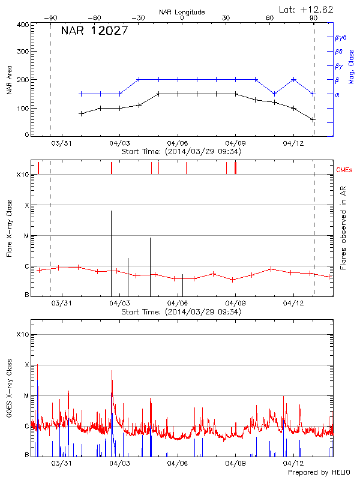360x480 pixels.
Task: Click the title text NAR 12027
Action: point(95,31)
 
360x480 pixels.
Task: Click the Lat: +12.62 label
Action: point(307,9)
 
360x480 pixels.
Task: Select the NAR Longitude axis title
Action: point(182,12)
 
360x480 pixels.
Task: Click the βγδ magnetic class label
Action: point(340,37)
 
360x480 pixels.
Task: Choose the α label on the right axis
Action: point(337,94)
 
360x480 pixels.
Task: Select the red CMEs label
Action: point(345,170)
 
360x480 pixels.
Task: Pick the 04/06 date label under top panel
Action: point(178,144)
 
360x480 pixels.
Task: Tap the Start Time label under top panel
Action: point(181,152)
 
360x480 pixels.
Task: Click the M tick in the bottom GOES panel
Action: point(26,396)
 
